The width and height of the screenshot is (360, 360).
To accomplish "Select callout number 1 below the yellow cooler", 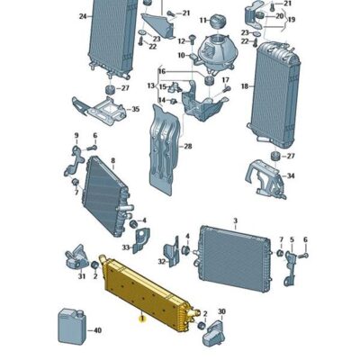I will (140, 316).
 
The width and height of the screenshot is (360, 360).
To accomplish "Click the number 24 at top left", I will (83, 16).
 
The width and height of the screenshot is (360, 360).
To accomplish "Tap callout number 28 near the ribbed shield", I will (188, 146).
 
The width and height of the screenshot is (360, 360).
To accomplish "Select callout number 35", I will (136, 110).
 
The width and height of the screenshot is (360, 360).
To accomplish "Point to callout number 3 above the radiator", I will (234, 220).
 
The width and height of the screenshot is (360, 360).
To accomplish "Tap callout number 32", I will (161, 261).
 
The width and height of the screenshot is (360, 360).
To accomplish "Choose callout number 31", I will (80, 276).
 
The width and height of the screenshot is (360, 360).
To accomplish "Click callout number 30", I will (222, 310).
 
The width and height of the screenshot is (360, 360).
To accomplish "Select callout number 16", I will (162, 71).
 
